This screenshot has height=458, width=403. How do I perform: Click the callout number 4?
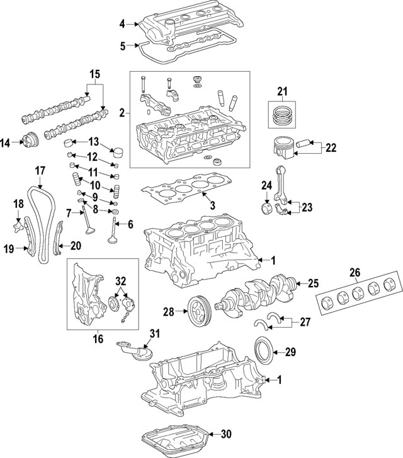coord(122,25)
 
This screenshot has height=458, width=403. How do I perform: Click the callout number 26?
coord(355,272)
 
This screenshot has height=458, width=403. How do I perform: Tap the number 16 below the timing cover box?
coord(98,339)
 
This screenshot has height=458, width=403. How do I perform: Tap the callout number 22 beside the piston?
coord(331,148)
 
